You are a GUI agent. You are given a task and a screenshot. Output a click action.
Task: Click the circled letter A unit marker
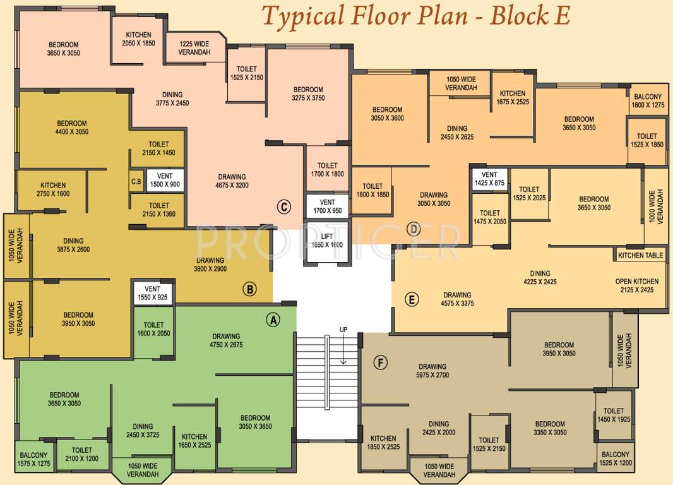pyautogui.click(x=273, y=320)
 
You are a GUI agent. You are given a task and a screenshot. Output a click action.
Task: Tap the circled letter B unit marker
pyautogui.click(x=250, y=290)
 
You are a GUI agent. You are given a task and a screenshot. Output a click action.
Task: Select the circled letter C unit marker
pyautogui.click(x=283, y=206)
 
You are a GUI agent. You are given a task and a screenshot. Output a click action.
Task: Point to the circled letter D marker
pyautogui.click(x=414, y=229)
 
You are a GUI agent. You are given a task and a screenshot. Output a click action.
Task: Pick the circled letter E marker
pyautogui.click(x=411, y=300)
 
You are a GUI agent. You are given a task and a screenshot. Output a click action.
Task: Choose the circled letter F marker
pyautogui.click(x=380, y=362)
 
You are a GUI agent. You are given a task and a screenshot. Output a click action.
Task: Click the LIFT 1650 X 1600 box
pyautogui.click(x=327, y=241)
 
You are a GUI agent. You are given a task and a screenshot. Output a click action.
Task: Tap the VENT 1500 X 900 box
pyautogui.click(x=165, y=181)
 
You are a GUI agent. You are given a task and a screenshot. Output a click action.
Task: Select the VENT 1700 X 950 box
pyautogui.click(x=327, y=207)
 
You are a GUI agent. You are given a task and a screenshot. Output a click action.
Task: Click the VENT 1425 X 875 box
pyautogui.click(x=489, y=179)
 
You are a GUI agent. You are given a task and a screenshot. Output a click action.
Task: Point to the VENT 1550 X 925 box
pyautogui.click(x=152, y=293)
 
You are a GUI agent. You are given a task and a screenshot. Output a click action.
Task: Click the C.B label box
pyautogui.click(x=136, y=181)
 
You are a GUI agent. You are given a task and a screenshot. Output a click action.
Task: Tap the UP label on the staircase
pyautogui.click(x=343, y=330)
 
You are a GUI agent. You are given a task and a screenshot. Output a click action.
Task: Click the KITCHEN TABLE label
pyautogui.click(x=640, y=255)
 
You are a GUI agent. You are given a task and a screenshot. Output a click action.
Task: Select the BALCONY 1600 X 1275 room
pyautogui.click(x=648, y=100)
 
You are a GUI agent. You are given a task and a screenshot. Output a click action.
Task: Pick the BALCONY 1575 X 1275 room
pyautogui.click(x=33, y=459)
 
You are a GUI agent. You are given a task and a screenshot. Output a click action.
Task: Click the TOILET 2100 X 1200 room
pyautogui.click(x=81, y=454)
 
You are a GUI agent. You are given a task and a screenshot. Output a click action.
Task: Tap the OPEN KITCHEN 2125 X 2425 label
pyautogui.click(x=636, y=285)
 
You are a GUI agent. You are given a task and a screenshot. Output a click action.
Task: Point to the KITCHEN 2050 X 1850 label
pyautogui.click(x=138, y=39)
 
